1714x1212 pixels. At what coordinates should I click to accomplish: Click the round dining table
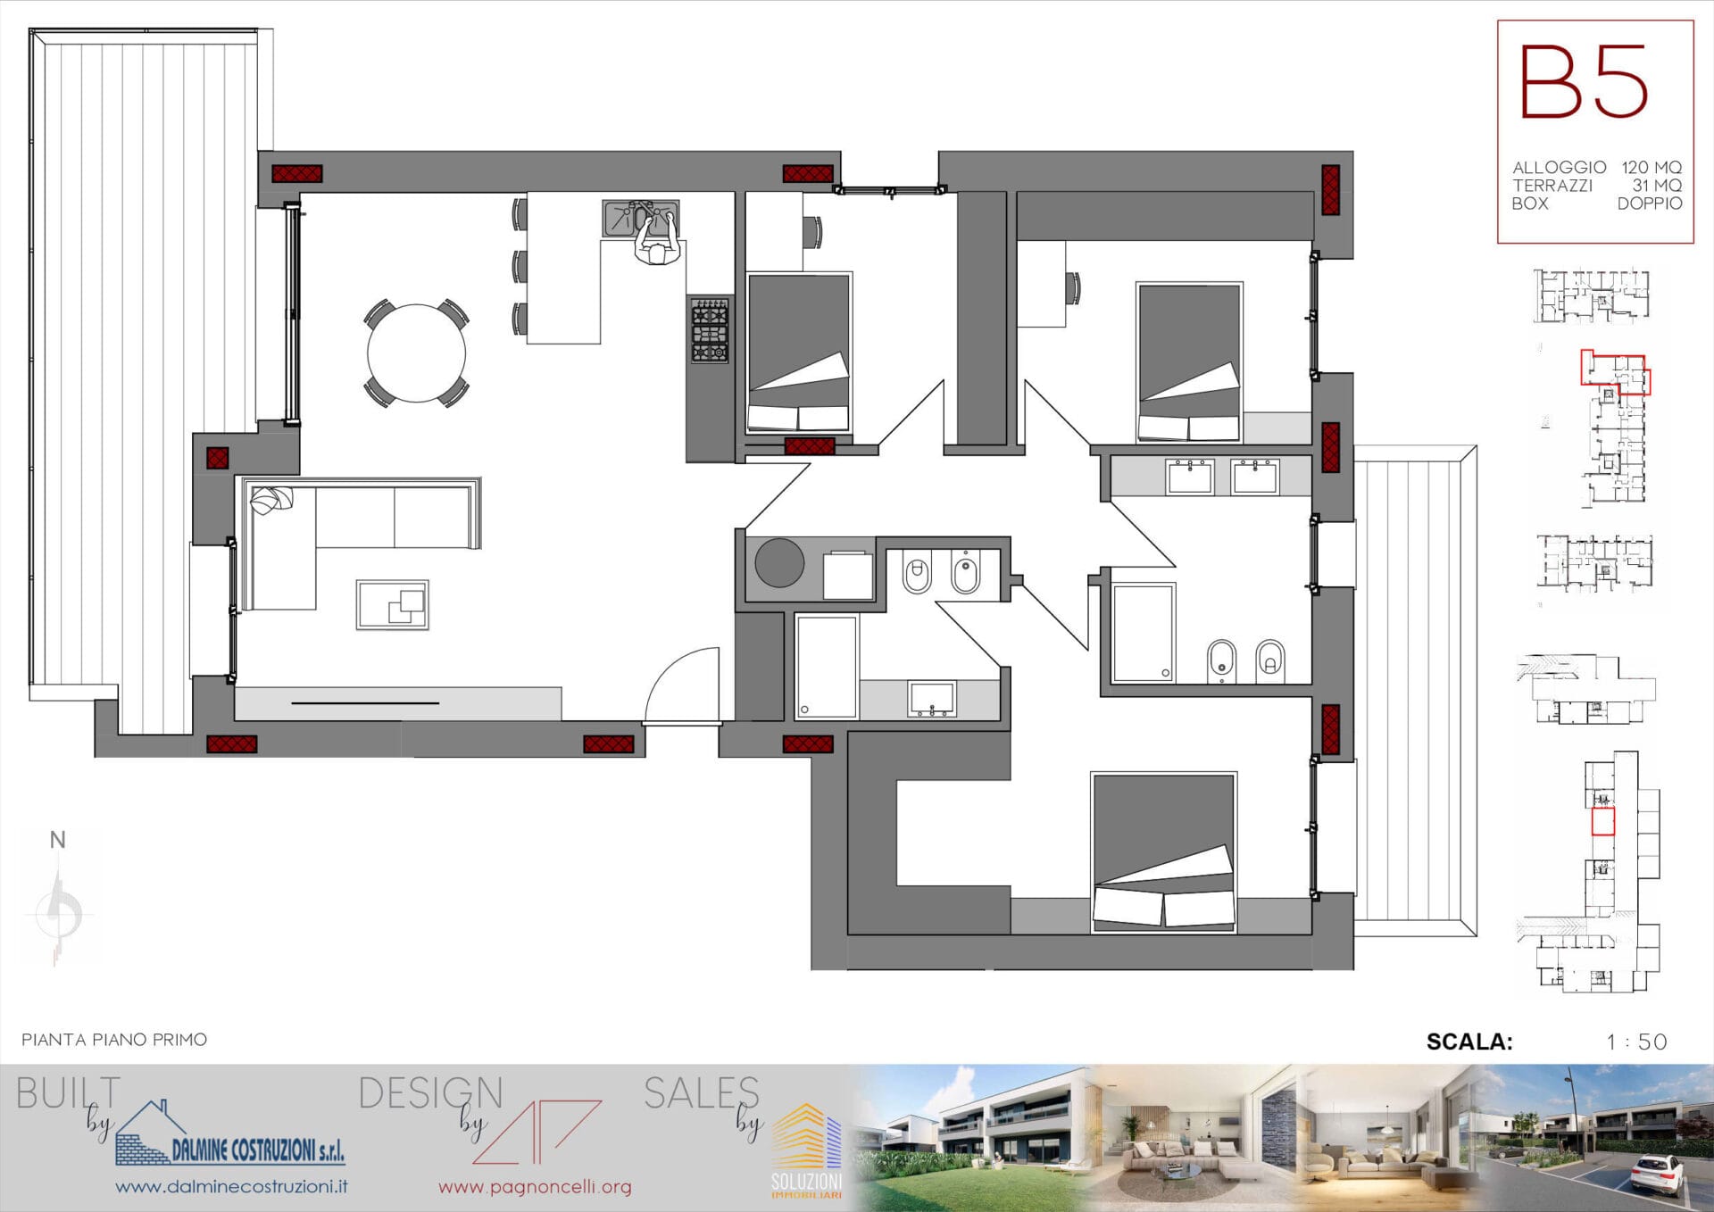[x=416, y=353]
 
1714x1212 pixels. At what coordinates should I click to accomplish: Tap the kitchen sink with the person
[x=641, y=219]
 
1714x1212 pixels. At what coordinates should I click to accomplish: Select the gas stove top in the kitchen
[x=710, y=330]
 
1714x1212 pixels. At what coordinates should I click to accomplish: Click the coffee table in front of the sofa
[x=392, y=604]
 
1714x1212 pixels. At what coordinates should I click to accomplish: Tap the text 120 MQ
[x=1652, y=167]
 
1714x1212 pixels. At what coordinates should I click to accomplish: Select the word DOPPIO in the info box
[x=1650, y=203]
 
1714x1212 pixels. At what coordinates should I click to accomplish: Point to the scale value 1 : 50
[x=1636, y=1042]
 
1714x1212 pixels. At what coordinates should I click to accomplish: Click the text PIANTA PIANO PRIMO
[x=114, y=1040]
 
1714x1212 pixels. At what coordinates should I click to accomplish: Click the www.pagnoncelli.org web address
[x=535, y=1187]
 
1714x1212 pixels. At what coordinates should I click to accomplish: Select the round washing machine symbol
[x=779, y=562]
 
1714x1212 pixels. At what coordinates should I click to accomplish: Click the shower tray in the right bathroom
[x=1144, y=633]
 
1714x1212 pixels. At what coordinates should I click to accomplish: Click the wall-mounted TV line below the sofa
[x=365, y=703]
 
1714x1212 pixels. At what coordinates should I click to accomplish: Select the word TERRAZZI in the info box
[x=1552, y=186]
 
